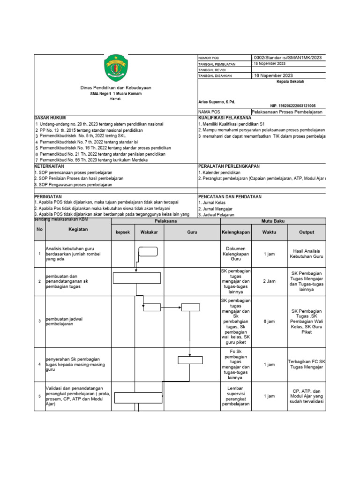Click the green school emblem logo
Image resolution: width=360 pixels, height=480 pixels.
pyautogui.click(x=115, y=67)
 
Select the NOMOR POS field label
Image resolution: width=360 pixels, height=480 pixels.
pyautogui.click(x=209, y=57)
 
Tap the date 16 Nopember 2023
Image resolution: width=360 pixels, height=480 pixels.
pyautogui.click(x=273, y=75)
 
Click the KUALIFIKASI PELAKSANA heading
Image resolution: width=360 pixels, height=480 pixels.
pyautogui.click(x=225, y=118)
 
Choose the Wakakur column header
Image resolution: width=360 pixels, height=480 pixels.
pyautogui.click(x=149, y=232)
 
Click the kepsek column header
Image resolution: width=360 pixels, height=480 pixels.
pyautogui.click(x=123, y=232)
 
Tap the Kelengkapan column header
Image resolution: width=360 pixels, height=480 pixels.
pyautogui.click(x=236, y=232)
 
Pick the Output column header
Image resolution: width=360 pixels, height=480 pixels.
pyautogui.click(x=307, y=232)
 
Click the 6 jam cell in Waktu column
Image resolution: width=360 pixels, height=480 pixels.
pyautogui.click(x=269, y=322)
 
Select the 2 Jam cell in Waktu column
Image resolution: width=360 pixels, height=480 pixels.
pyautogui.click(x=269, y=281)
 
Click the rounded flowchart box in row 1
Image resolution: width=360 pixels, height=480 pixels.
pyautogui.click(x=148, y=252)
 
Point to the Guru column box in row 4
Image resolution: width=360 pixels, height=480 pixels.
pyautogui.click(x=190, y=360)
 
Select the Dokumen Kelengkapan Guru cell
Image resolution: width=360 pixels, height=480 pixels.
pyautogui.click(x=236, y=254)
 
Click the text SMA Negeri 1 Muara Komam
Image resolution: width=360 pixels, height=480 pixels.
pyautogui.click(x=115, y=94)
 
